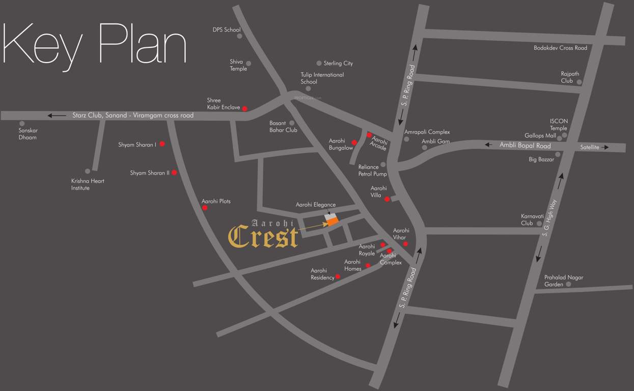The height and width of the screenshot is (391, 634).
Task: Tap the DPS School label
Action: click(226, 30)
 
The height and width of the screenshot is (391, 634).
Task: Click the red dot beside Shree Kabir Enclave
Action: click(245, 108)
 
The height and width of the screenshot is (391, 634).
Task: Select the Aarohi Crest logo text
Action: click(263, 235)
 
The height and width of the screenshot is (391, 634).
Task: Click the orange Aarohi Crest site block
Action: click(333, 221)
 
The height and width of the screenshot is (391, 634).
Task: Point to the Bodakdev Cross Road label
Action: click(560, 48)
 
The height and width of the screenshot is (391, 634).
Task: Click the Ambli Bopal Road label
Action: click(525, 146)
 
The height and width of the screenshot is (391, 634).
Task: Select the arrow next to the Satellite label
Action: click(605, 148)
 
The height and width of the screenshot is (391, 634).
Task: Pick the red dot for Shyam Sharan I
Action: click(162, 144)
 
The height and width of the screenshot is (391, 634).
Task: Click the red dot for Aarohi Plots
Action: click(205, 208)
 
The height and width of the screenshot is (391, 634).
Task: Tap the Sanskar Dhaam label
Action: click(27, 134)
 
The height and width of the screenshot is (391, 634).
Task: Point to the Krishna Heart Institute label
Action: click(88, 184)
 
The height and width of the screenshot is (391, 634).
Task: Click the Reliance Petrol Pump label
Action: click(372, 170)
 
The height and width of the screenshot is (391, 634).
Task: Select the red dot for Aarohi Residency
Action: click(338, 276)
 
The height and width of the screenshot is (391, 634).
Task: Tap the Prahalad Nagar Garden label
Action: click(563, 281)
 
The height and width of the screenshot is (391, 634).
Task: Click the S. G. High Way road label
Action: click(550, 217)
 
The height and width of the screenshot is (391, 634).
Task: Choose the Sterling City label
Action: click(338, 64)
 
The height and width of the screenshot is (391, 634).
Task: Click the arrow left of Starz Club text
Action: click(57, 116)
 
